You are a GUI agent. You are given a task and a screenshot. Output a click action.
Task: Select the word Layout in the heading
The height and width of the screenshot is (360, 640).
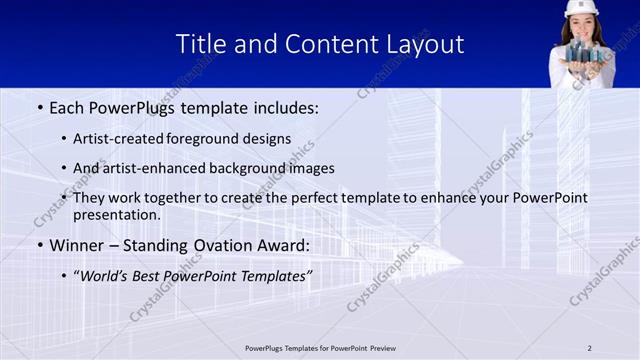[425, 44]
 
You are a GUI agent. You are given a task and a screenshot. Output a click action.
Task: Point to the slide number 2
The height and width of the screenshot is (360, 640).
[589, 348]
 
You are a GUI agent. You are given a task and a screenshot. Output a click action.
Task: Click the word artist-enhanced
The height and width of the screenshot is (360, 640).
[148, 168]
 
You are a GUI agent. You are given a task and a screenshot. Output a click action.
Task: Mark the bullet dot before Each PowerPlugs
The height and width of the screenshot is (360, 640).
[39, 107]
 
